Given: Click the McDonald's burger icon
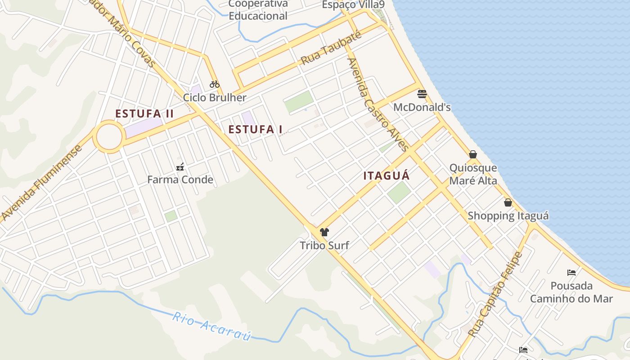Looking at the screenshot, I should coord(422,94).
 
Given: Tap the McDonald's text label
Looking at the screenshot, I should coord(422,108).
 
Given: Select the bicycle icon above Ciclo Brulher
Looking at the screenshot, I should coord(214,84).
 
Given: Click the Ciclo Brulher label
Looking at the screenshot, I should coord(215,98).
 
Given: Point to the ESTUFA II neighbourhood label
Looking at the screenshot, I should coord(144,113).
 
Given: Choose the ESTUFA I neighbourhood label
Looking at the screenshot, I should coord(255,130).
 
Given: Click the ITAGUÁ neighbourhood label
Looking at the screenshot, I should coord(387,176).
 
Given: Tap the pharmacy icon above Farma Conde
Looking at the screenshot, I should coord(180,167).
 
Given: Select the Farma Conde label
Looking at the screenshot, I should coord(180,180).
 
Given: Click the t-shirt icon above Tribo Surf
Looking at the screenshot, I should coord(324,232).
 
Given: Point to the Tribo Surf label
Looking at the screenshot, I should coord(324,246).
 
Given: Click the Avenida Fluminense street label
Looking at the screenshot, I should coord(42,183).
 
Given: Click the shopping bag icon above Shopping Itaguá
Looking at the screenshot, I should coord(508,202).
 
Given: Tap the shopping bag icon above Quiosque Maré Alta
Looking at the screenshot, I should coord(473,154).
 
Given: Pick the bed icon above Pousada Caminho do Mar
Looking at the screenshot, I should coord(571,272).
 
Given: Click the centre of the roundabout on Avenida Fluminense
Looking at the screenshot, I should coord(108,136).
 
